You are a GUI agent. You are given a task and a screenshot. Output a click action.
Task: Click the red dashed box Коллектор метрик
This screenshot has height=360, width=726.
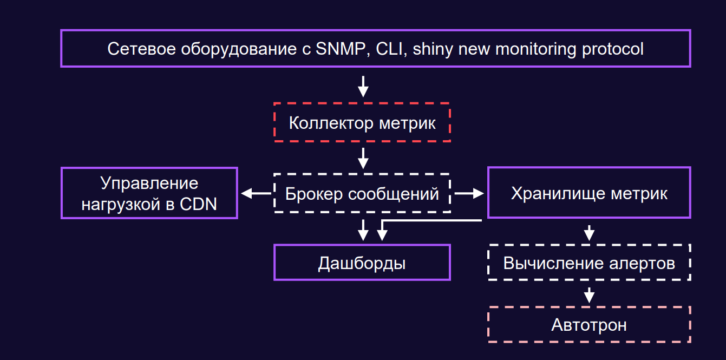click(362, 122)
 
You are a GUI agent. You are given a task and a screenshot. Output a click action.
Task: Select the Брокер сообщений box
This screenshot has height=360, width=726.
click(362, 193)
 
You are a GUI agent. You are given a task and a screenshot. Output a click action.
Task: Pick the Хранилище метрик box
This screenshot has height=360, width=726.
click(589, 193)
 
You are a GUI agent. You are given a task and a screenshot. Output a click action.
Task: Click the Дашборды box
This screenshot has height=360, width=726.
click(362, 263)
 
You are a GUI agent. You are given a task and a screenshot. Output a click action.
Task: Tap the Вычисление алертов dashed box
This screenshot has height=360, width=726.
click(589, 263)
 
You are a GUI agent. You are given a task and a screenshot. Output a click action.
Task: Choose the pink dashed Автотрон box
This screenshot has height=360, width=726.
click(589, 325)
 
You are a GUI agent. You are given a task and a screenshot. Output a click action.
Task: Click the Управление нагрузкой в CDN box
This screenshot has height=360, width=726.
click(149, 193)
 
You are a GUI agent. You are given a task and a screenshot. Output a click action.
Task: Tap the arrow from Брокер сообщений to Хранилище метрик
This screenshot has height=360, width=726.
click(469, 193)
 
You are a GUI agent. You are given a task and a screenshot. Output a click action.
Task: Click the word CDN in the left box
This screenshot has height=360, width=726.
click(198, 204)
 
